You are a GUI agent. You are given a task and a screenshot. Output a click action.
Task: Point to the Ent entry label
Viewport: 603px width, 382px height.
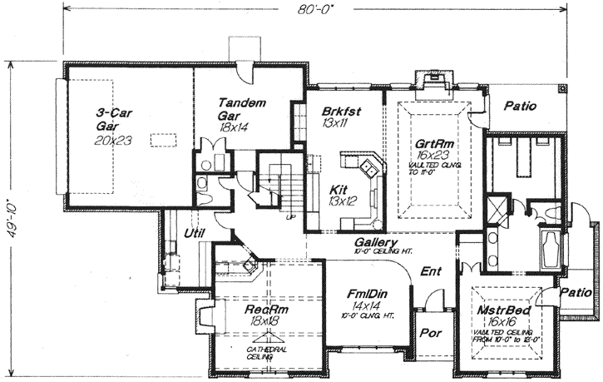coord(432,271)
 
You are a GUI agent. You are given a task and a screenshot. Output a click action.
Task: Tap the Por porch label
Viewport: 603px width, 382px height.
coord(430,338)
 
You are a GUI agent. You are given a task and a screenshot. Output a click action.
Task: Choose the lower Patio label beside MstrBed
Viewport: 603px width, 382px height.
coord(575,293)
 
